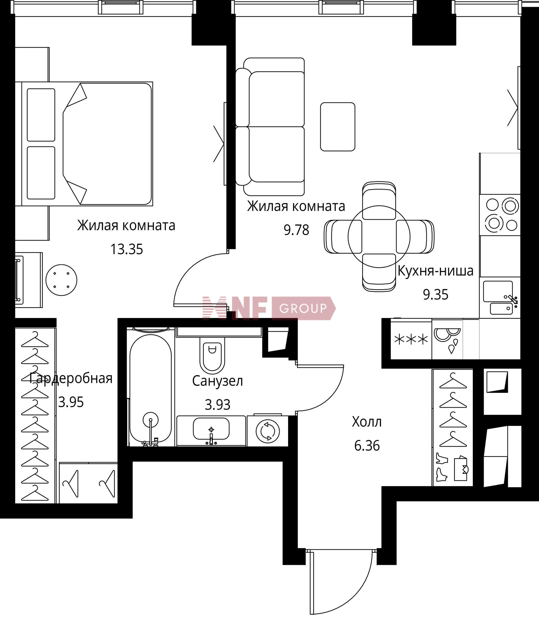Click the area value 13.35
[x=127, y=249]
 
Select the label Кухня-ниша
[x=435, y=271]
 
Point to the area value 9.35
[x=435, y=295]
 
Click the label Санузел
[x=218, y=381]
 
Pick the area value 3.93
[x=218, y=405]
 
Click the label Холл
[x=367, y=422]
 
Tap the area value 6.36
[x=367, y=445]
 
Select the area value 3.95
[x=71, y=402]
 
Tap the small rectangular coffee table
[x=337, y=127]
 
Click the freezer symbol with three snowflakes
[x=411, y=340]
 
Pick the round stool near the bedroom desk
[x=61, y=280]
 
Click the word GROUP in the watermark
[x=303, y=308]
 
